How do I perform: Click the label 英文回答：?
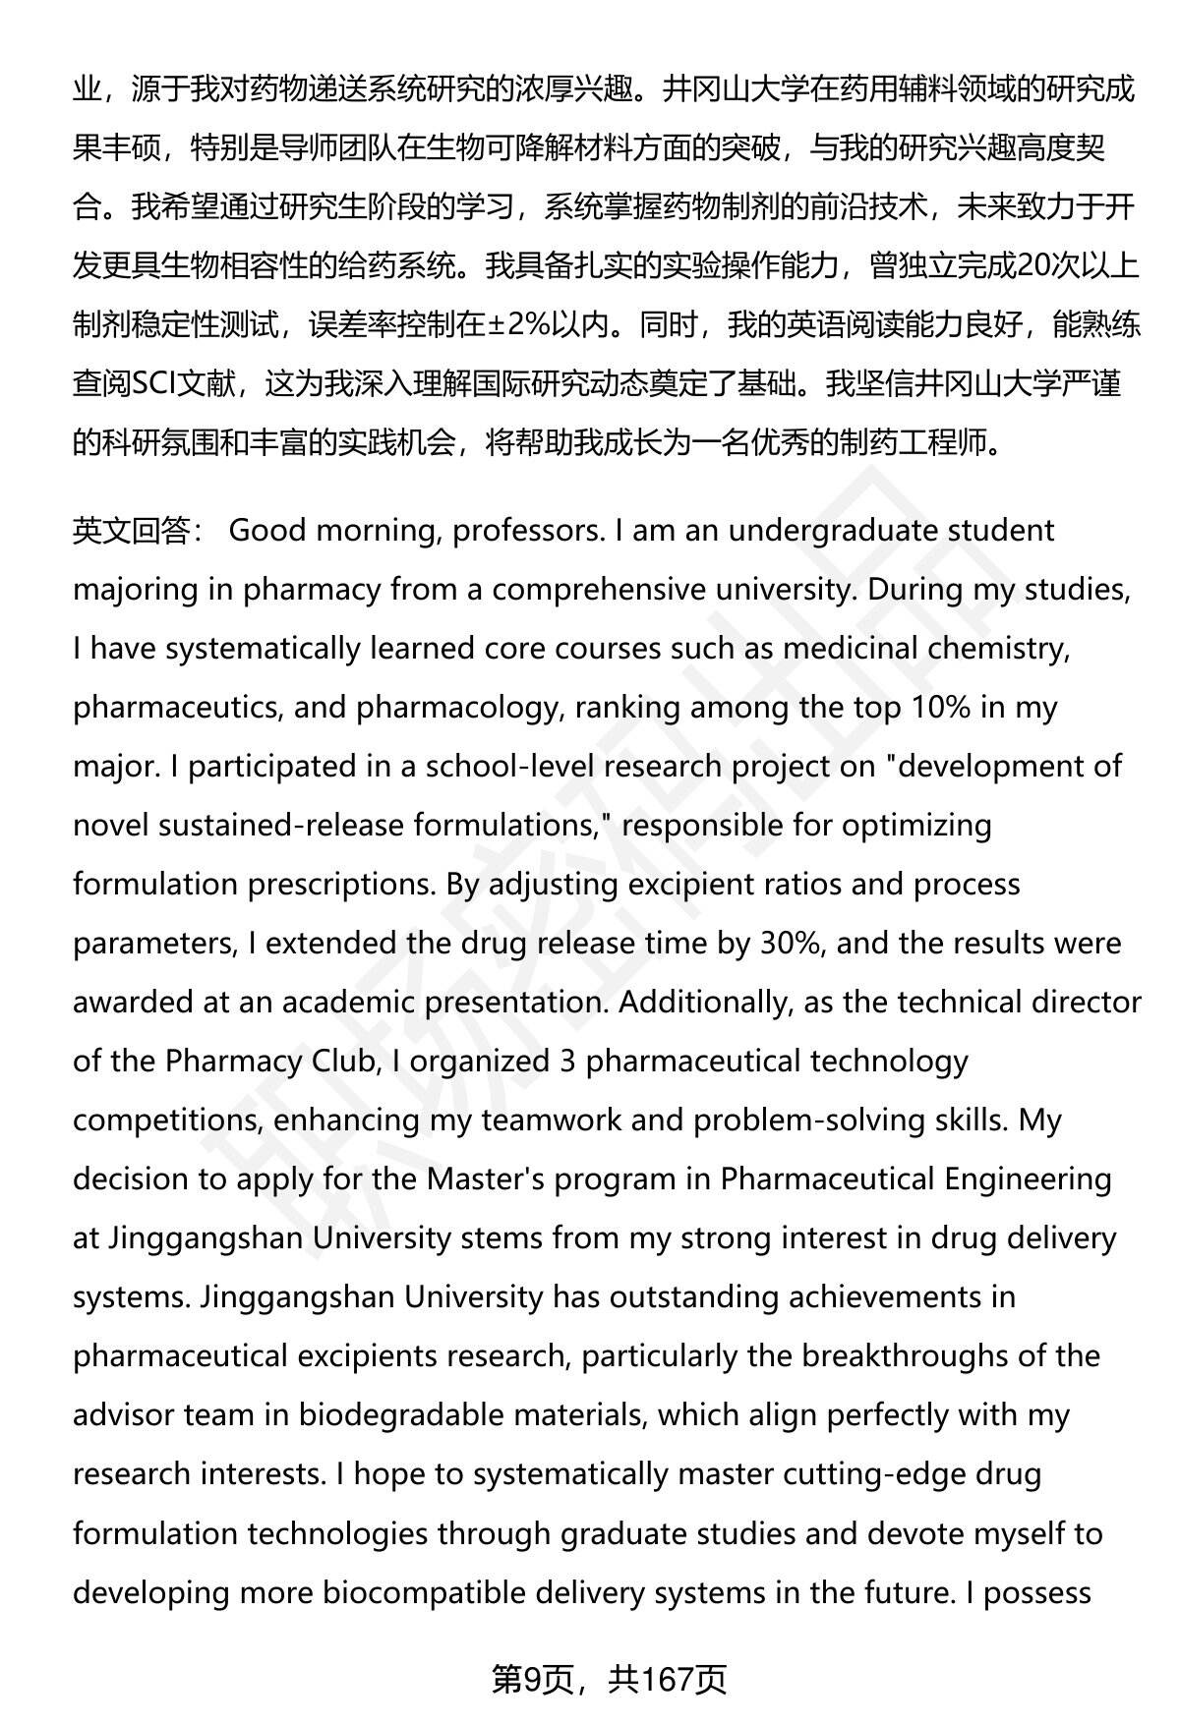pos(138,531)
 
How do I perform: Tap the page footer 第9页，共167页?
pos(609,1681)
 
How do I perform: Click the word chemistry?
pos(996,649)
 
